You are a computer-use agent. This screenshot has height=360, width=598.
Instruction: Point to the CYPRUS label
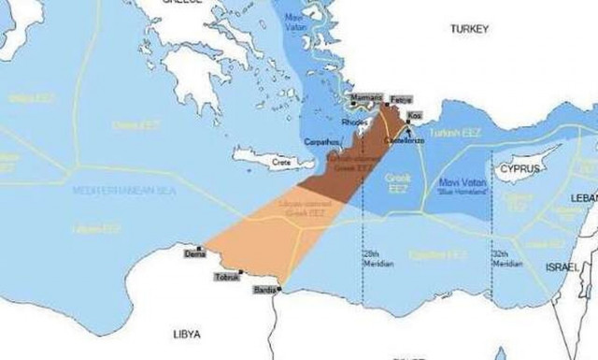point(520,168)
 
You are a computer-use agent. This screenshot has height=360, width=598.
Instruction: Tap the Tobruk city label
point(226,277)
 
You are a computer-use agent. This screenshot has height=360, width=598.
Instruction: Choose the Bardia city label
point(263,291)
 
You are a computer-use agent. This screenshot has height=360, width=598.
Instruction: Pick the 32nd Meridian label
point(506,259)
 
